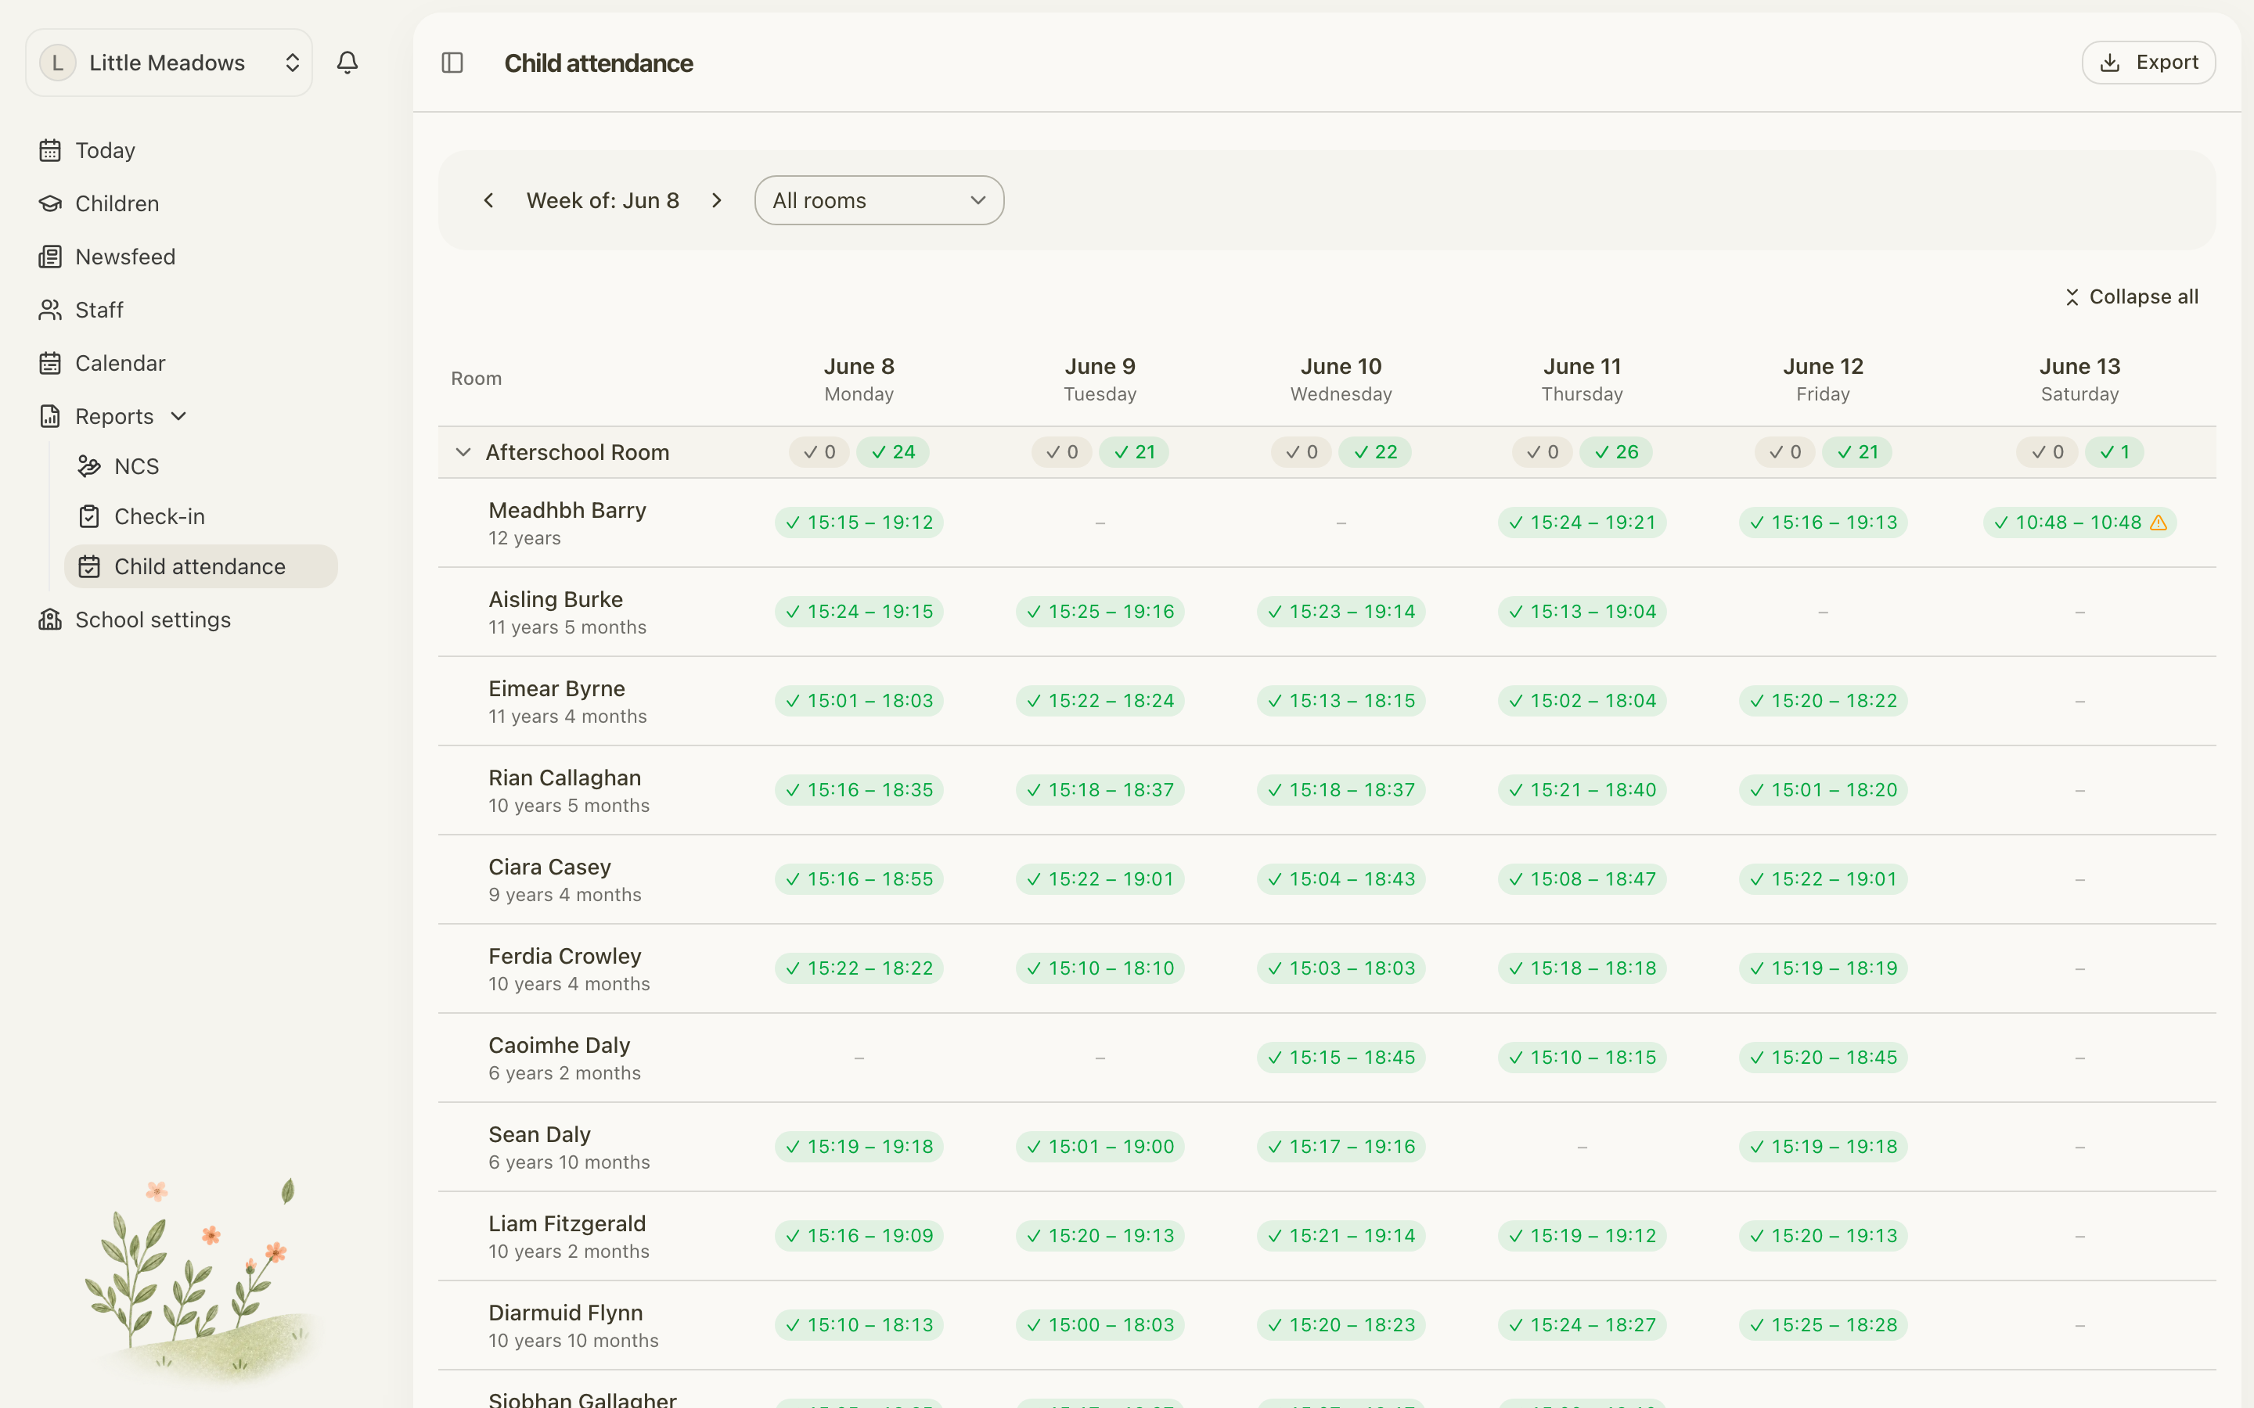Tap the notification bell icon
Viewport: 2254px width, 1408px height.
coord(347,63)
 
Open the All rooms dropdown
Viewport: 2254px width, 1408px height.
coord(879,200)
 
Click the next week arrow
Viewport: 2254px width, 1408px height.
coord(716,200)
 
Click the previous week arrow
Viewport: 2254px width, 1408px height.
coord(488,200)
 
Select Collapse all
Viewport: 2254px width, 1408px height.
coord(2131,297)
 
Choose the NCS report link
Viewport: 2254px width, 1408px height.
coord(136,466)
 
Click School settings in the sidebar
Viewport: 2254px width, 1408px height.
coord(153,620)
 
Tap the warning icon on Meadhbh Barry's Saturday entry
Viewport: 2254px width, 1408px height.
coord(2158,523)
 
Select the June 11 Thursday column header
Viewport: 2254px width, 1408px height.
coord(1582,379)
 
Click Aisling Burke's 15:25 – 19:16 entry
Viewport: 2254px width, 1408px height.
coord(1100,612)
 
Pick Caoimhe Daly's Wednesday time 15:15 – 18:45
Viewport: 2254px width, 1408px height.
coord(1341,1058)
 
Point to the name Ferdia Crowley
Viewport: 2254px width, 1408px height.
coord(565,957)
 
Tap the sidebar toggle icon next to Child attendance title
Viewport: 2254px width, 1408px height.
coord(452,63)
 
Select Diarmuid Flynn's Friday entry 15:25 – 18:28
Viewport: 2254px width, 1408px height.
coord(1823,1325)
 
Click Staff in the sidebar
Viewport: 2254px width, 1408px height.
coord(99,310)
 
